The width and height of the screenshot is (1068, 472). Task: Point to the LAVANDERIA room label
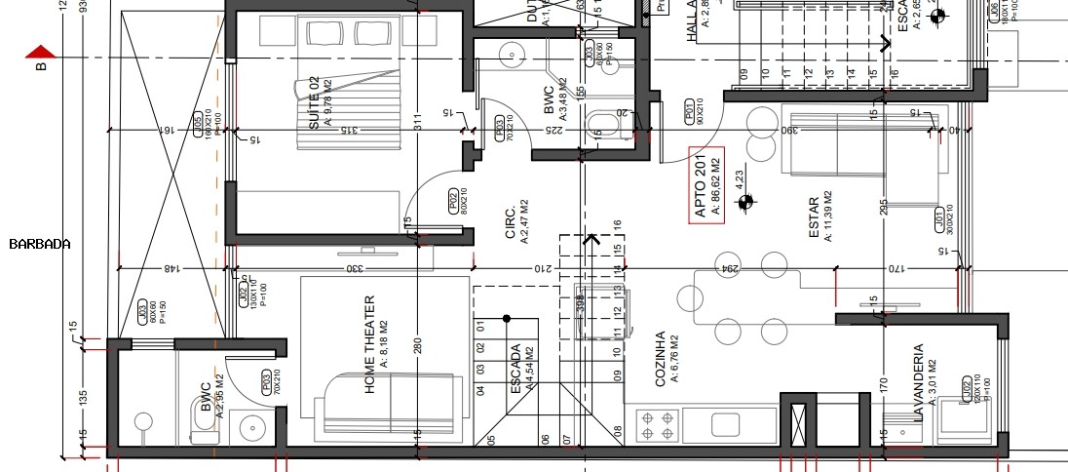pyautogui.click(x=917, y=381)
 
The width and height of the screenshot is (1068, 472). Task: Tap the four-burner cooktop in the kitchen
pyautogui.click(x=656, y=424)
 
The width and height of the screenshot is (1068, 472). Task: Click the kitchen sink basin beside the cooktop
pyautogui.click(x=725, y=424)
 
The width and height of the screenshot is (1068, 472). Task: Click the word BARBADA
pyautogui.click(x=39, y=244)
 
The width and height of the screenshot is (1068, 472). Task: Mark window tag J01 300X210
pyautogui.click(x=941, y=220)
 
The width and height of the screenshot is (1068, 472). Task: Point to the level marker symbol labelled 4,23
pyautogui.click(x=746, y=202)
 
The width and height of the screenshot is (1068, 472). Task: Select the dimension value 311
pyautogui.click(x=416, y=123)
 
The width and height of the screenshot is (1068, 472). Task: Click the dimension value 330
pyautogui.click(x=357, y=268)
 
